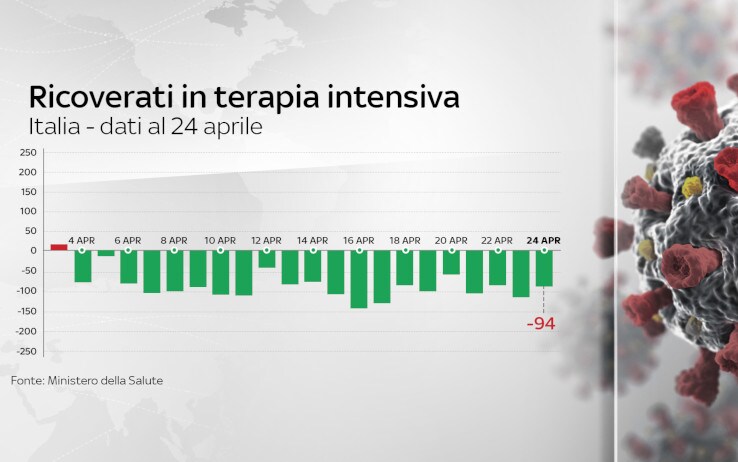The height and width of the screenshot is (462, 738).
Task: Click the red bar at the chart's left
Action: point(59,247)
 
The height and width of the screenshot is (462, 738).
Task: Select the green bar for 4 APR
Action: point(83,266)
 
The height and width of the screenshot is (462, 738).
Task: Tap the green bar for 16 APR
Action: point(359,279)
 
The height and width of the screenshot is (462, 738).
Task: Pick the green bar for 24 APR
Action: point(544,269)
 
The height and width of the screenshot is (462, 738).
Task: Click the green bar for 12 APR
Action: point(267,259)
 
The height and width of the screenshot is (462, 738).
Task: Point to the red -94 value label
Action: point(541,324)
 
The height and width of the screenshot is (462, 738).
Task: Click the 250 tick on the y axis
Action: point(28,152)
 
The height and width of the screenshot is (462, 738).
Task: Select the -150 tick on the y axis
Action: point(27,311)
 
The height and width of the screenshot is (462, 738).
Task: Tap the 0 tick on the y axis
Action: point(33,251)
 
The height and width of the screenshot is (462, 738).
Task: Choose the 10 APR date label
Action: point(220,240)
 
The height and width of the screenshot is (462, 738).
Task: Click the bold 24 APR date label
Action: point(543,240)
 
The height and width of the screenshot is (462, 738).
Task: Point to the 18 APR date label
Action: point(405,240)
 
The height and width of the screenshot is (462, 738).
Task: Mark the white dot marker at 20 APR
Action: point(452,251)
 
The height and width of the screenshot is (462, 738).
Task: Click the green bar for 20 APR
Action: point(451,263)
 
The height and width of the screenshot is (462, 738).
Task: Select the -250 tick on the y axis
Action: point(27,351)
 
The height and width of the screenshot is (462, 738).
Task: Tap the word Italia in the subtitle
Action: point(55,127)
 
